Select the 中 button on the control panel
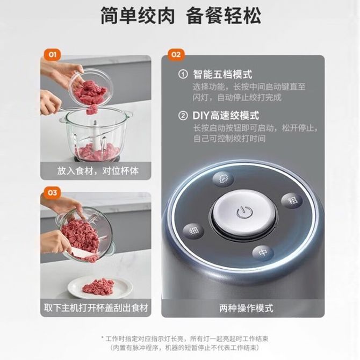point(263,253)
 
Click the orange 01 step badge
point(52,55)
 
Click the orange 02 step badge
point(176,55)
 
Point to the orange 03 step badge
point(52,192)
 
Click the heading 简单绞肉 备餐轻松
point(181,16)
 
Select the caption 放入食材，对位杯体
point(98,171)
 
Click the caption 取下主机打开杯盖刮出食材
point(96,308)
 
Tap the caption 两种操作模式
point(246,308)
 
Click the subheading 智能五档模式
point(222,74)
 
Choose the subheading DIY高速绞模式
point(226,116)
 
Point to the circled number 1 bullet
point(183,74)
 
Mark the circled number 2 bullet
point(183,116)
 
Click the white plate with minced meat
point(100,287)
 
